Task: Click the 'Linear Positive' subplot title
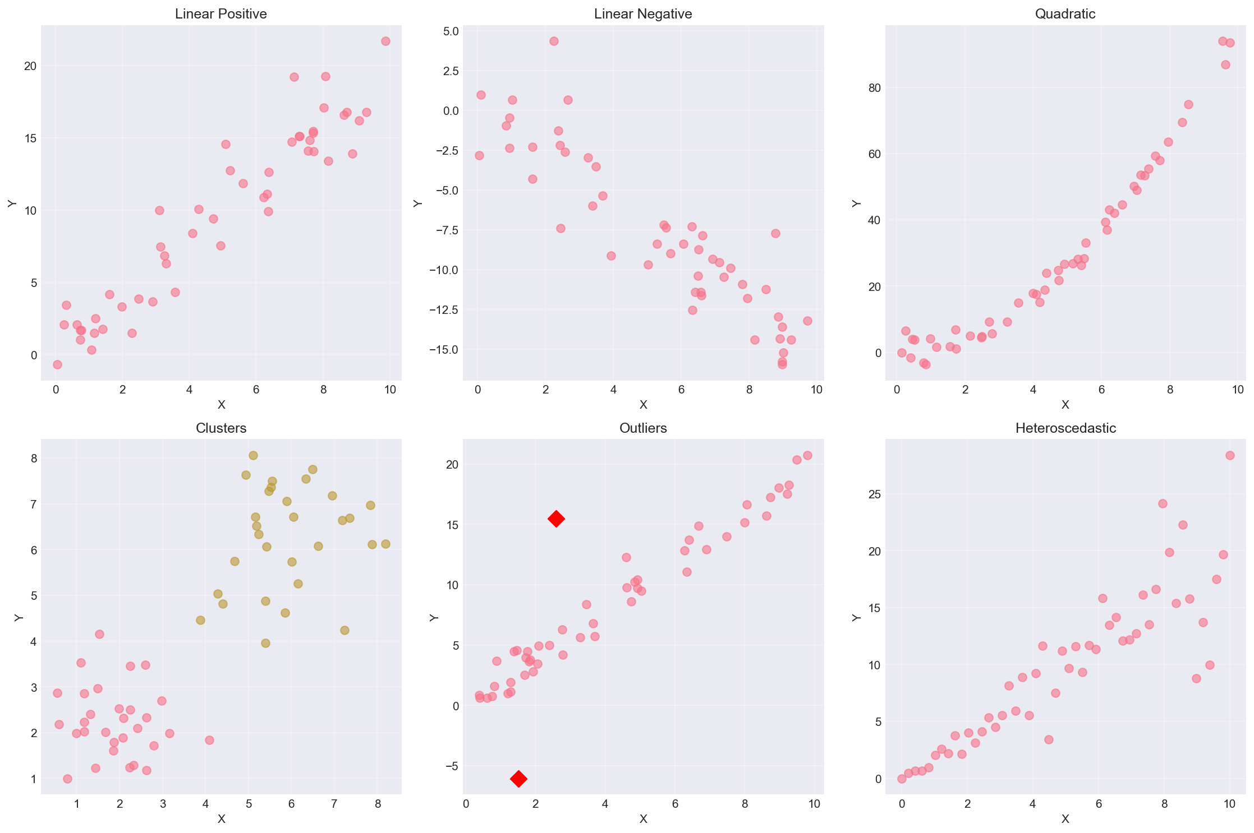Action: [221, 14]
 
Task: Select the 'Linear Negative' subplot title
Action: [643, 14]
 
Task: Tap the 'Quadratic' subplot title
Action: [1065, 14]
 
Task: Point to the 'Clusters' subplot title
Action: [221, 428]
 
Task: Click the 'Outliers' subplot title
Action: [643, 428]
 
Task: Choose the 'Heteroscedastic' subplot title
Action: [1065, 428]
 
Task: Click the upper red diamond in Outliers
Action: [556, 519]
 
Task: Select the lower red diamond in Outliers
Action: [518, 779]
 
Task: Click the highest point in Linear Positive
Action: [385, 41]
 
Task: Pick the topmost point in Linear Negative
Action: [554, 41]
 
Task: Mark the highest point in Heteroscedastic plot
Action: [1230, 455]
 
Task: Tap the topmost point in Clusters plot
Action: [253, 455]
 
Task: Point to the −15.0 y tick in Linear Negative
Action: [443, 350]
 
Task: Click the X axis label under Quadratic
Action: [1065, 405]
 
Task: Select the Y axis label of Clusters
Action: [19, 617]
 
